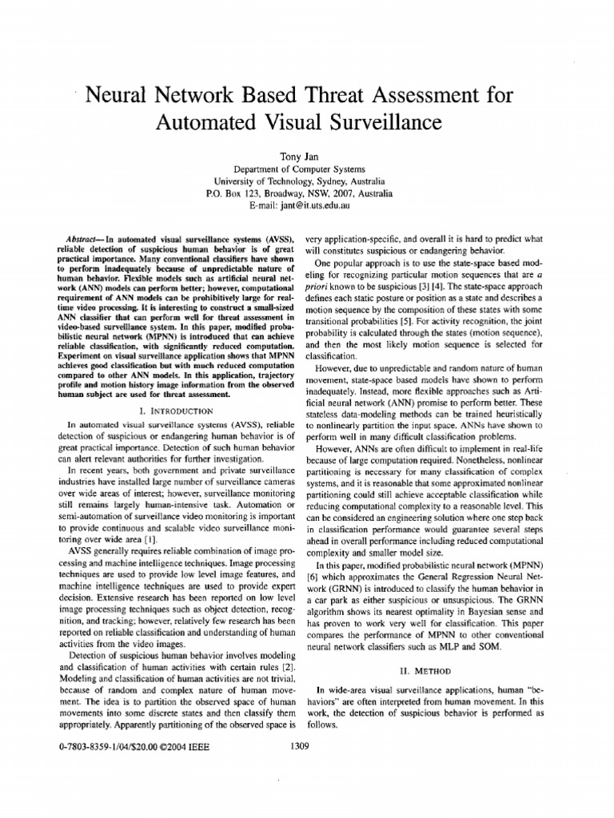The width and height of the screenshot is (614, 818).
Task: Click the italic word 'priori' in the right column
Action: coord(317,285)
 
